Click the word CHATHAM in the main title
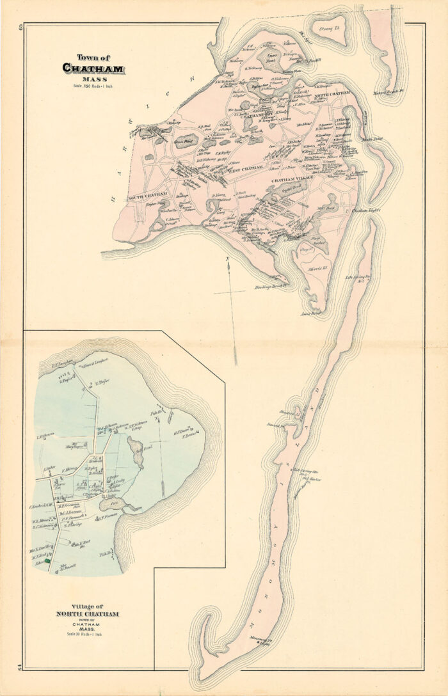[x=93, y=68]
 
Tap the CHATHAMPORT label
[x=257, y=116]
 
